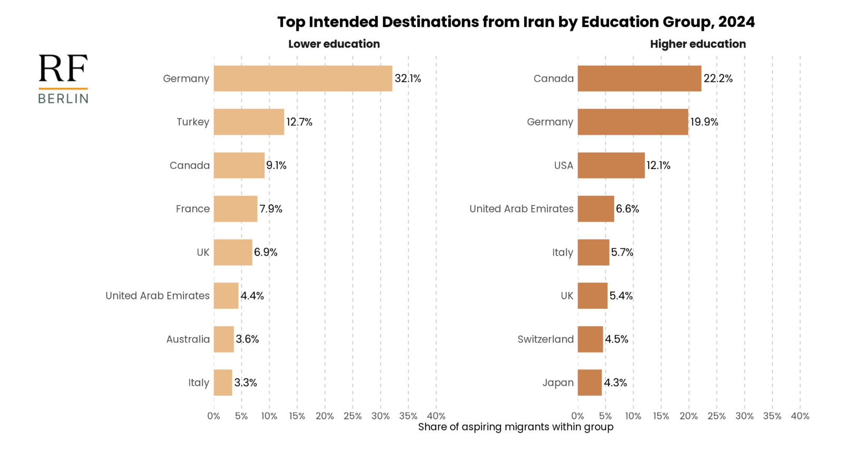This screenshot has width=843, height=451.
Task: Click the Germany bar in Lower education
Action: [303, 78]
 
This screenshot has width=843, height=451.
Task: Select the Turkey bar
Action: [249, 122]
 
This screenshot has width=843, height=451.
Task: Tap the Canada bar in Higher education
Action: [639, 78]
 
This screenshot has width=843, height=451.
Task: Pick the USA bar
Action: [611, 165]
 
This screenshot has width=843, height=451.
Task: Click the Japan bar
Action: [590, 383]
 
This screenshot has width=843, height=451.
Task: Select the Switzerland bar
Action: [590, 339]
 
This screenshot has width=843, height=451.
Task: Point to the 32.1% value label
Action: [408, 78]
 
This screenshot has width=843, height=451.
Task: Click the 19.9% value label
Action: [704, 122]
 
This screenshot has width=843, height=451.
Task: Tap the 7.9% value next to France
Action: [271, 209]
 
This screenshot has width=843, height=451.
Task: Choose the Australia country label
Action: [188, 339]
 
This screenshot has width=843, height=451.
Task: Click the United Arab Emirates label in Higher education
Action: [521, 209]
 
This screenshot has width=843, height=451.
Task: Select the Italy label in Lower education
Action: [199, 383]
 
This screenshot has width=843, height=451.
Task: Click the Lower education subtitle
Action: [334, 44]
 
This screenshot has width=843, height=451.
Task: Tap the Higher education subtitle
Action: [698, 44]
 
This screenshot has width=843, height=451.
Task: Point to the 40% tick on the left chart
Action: [436, 416]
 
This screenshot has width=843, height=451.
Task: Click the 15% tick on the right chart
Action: [661, 416]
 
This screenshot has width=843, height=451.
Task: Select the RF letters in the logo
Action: [63, 69]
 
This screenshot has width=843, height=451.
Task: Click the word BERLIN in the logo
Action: [63, 98]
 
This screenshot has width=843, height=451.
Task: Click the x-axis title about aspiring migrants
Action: [516, 427]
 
